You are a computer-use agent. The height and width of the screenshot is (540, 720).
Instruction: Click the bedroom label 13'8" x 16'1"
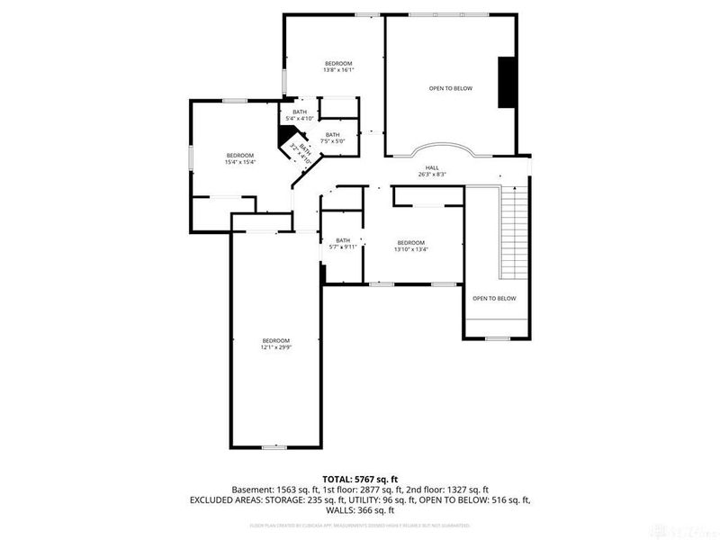tap(338, 66)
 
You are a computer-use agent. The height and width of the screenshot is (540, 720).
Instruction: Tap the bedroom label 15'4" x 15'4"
tap(240, 158)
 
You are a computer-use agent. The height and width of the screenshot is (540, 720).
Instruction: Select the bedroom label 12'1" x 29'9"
tap(276, 344)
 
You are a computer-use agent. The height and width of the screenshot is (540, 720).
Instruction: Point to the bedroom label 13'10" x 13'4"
tap(410, 246)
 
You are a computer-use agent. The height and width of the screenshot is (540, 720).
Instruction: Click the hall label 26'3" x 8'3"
tap(432, 171)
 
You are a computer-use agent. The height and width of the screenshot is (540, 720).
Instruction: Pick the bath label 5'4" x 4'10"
tap(300, 115)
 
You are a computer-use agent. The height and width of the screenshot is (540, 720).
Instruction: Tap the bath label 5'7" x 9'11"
tap(343, 243)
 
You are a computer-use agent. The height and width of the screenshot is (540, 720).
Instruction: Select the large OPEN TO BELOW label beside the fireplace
tap(450, 88)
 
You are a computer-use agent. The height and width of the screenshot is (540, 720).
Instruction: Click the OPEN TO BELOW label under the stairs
tap(494, 298)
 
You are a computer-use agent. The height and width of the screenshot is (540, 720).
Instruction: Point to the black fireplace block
tap(507, 83)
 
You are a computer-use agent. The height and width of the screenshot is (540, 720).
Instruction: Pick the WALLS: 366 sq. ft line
tap(359, 512)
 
